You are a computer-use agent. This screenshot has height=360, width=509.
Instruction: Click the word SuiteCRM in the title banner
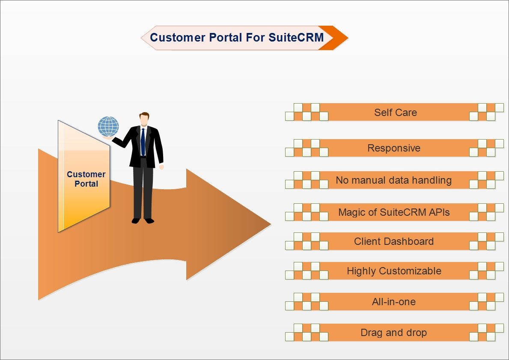click(296, 37)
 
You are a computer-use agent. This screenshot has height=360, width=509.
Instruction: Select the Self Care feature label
click(396, 112)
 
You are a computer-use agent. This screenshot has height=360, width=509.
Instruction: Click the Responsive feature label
click(394, 148)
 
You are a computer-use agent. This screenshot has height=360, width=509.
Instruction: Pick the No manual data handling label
click(394, 180)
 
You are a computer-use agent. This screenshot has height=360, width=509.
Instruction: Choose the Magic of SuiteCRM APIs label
click(394, 212)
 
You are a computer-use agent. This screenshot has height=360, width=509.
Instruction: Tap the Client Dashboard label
click(394, 241)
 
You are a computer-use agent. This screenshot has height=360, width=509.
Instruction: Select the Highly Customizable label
click(394, 271)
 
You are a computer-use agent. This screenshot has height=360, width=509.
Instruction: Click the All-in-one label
click(394, 302)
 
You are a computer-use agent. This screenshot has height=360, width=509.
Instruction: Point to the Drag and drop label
click(394, 333)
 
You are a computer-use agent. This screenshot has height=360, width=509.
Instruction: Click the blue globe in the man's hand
click(108, 127)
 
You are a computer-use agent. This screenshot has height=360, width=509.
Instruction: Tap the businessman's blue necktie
click(143, 142)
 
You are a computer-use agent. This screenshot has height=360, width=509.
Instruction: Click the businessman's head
click(144, 119)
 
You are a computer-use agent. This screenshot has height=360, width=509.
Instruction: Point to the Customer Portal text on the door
click(86, 179)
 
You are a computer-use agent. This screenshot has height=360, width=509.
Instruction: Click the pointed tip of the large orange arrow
click(271, 223)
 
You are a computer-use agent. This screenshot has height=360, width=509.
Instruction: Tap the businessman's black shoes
click(143, 221)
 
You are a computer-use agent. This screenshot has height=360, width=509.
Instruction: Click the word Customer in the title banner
click(178, 37)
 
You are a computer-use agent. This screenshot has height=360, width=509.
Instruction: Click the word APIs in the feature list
click(439, 212)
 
